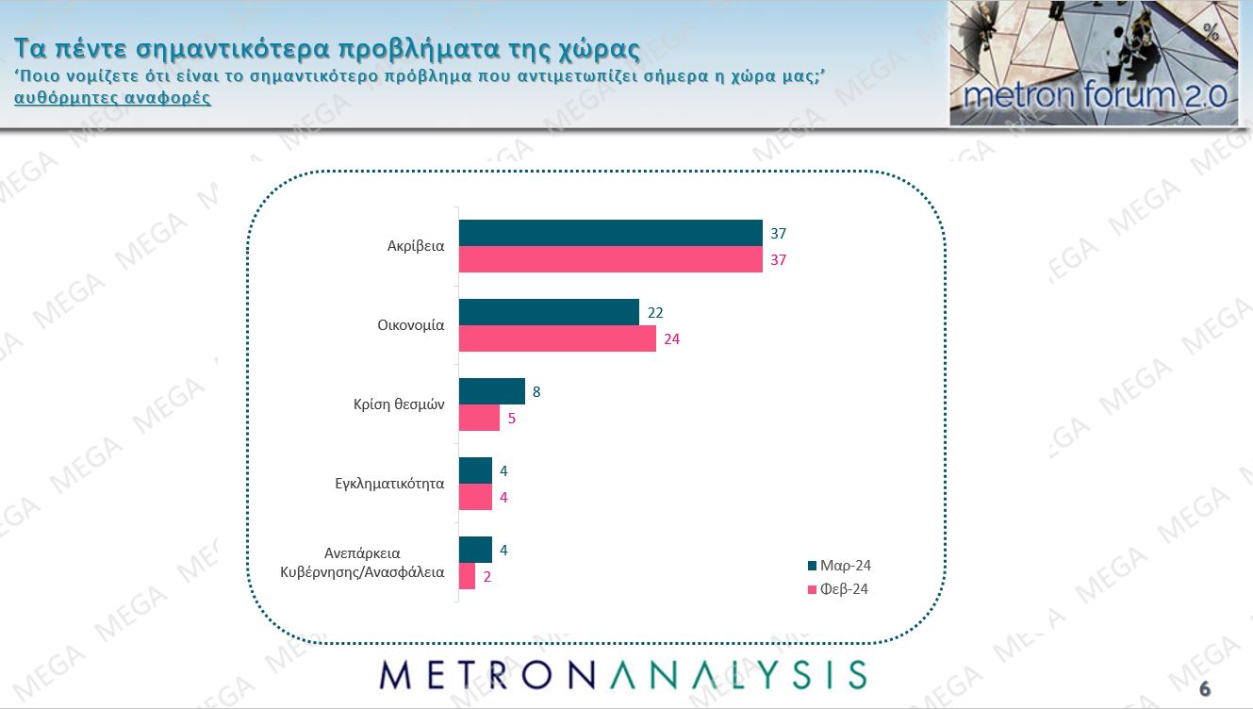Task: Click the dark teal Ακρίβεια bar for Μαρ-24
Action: coord(610,233)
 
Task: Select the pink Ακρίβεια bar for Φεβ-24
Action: coord(610,259)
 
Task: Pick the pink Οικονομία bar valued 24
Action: coord(557,338)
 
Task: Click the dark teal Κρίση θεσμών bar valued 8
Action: coord(491,391)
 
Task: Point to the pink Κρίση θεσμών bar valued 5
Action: coord(479,418)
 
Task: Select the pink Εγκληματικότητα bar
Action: coord(475,497)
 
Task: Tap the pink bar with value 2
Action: coord(467,576)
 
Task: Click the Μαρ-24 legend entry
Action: coord(838,566)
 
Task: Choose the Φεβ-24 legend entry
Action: coord(838,589)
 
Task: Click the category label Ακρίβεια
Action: coord(416,247)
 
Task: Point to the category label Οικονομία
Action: coord(404,326)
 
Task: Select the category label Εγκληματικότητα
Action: coord(389,485)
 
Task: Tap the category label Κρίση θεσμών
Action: coord(392,405)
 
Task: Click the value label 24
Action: coord(671,339)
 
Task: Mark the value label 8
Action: coord(536,391)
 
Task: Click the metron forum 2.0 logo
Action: coord(1093,63)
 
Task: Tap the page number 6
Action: coord(1204,688)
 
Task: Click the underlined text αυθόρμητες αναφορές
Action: coord(112,98)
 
